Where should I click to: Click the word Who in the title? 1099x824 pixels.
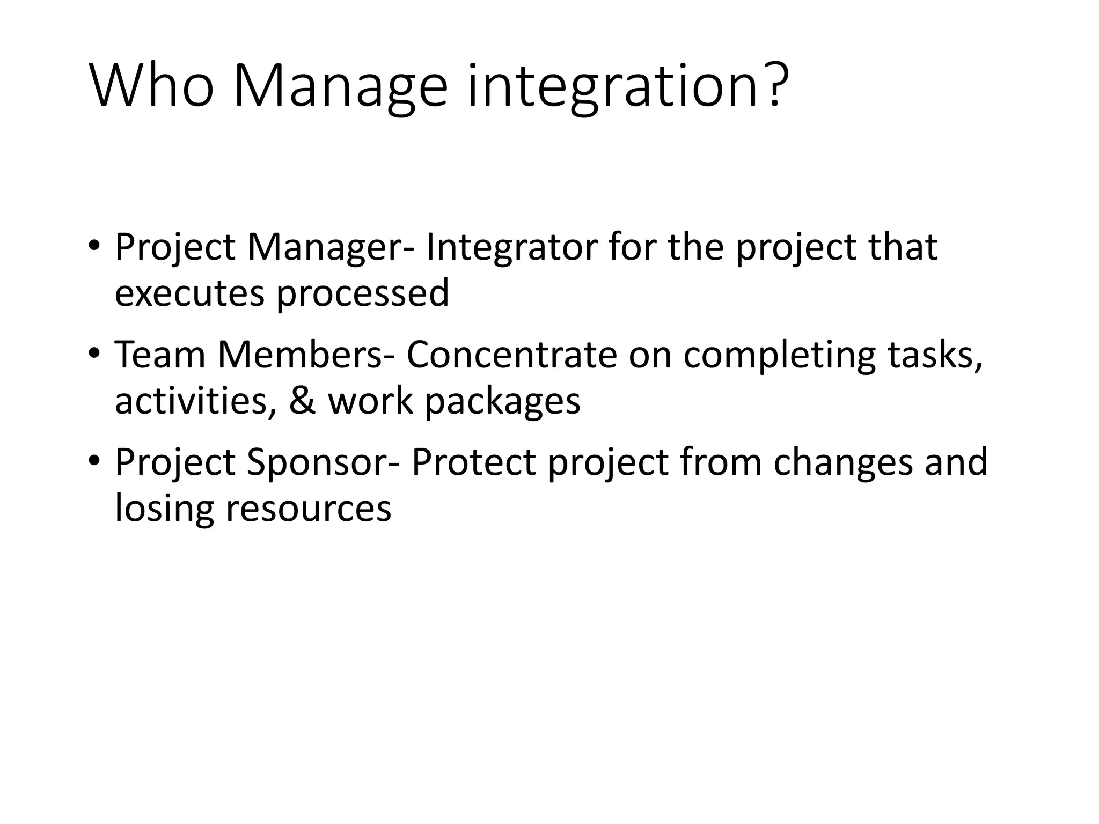click(152, 87)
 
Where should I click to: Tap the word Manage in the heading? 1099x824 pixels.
click(340, 87)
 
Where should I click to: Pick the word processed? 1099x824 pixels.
click(362, 295)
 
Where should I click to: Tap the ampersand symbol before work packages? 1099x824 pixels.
click(302, 401)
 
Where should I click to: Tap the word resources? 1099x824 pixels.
click(309, 510)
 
